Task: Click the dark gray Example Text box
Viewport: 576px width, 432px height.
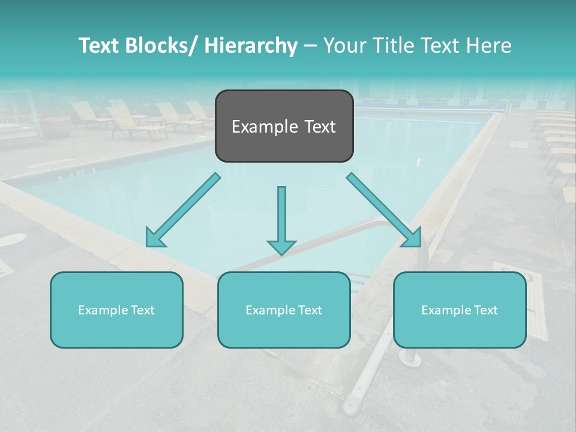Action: pyautogui.click(x=284, y=126)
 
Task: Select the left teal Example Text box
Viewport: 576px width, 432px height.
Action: pyautogui.click(x=116, y=310)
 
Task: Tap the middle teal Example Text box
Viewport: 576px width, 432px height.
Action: pyautogui.click(x=284, y=310)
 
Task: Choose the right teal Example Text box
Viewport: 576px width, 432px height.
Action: pyautogui.click(x=460, y=310)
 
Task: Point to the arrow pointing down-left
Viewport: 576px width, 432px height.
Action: pyautogui.click(x=184, y=210)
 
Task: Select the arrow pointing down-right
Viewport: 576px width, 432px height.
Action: pyautogui.click(x=384, y=210)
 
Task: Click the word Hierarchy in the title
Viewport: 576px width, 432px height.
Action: pyautogui.click(x=251, y=46)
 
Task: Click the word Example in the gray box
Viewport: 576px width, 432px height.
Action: pyautogui.click(x=265, y=127)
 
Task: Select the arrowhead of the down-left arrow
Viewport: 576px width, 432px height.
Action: pyautogui.click(x=155, y=238)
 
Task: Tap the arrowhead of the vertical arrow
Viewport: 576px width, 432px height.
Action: pyautogui.click(x=281, y=247)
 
